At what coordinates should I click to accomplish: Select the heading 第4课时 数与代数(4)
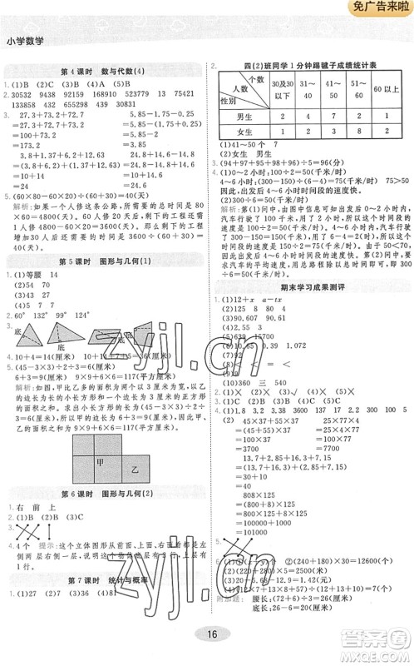point(103,68)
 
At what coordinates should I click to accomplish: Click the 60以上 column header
point(386,89)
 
